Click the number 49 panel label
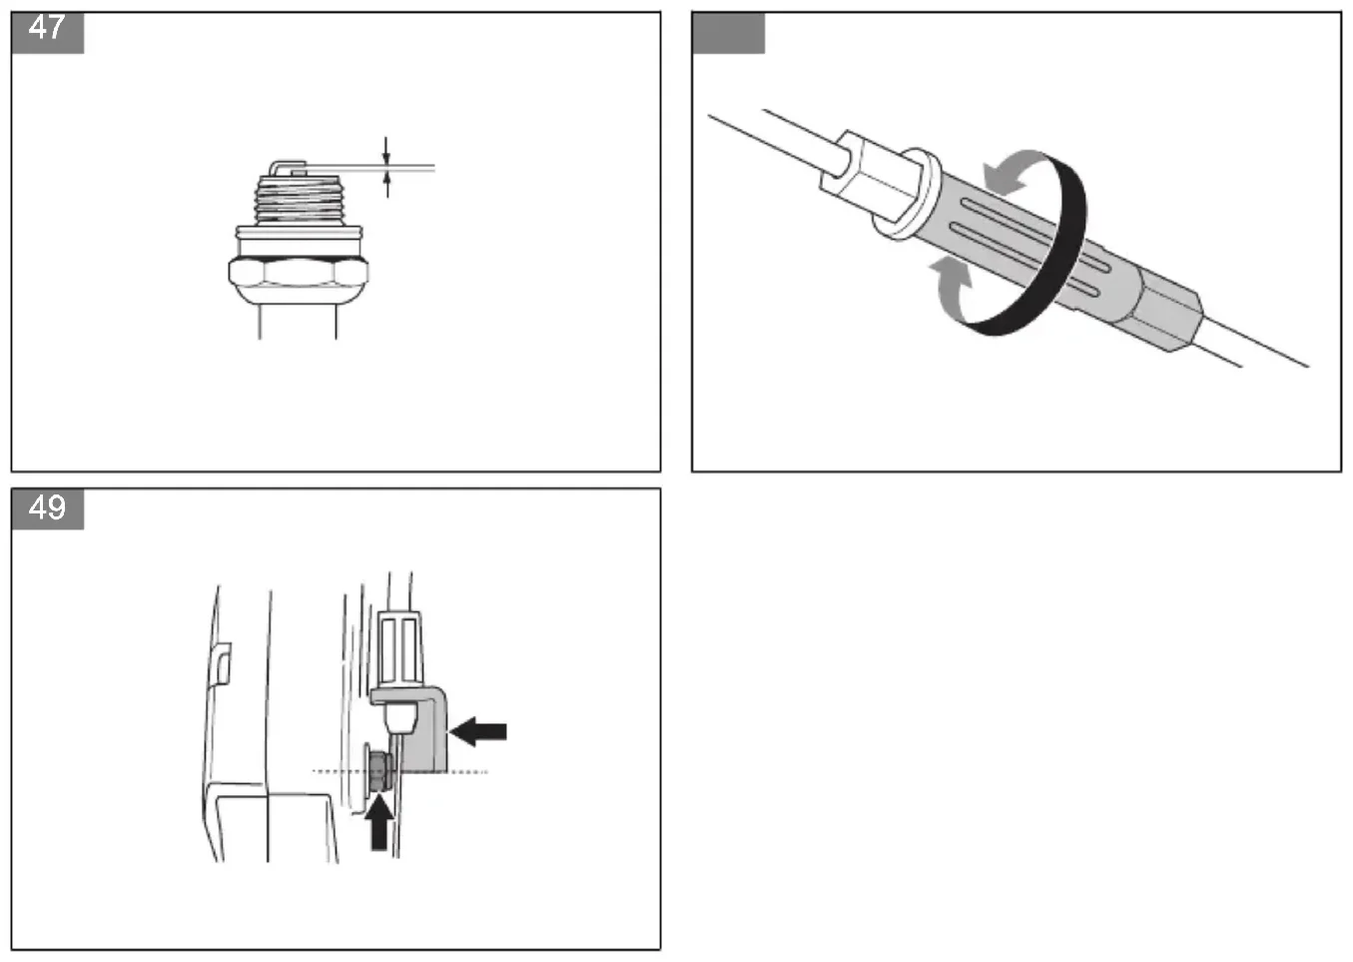click(x=47, y=508)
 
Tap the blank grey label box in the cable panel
click(x=729, y=33)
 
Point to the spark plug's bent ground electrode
click(x=287, y=167)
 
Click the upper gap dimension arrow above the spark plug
click(x=386, y=151)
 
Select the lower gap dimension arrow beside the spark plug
click(x=387, y=184)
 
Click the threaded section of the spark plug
click(x=298, y=200)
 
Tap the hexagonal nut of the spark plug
click(x=299, y=273)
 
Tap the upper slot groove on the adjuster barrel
click(x=1034, y=235)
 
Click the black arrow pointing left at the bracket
click(x=477, y=731)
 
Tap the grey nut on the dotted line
click(x=379, y=771)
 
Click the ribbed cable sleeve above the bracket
click(x=399, y=648)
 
